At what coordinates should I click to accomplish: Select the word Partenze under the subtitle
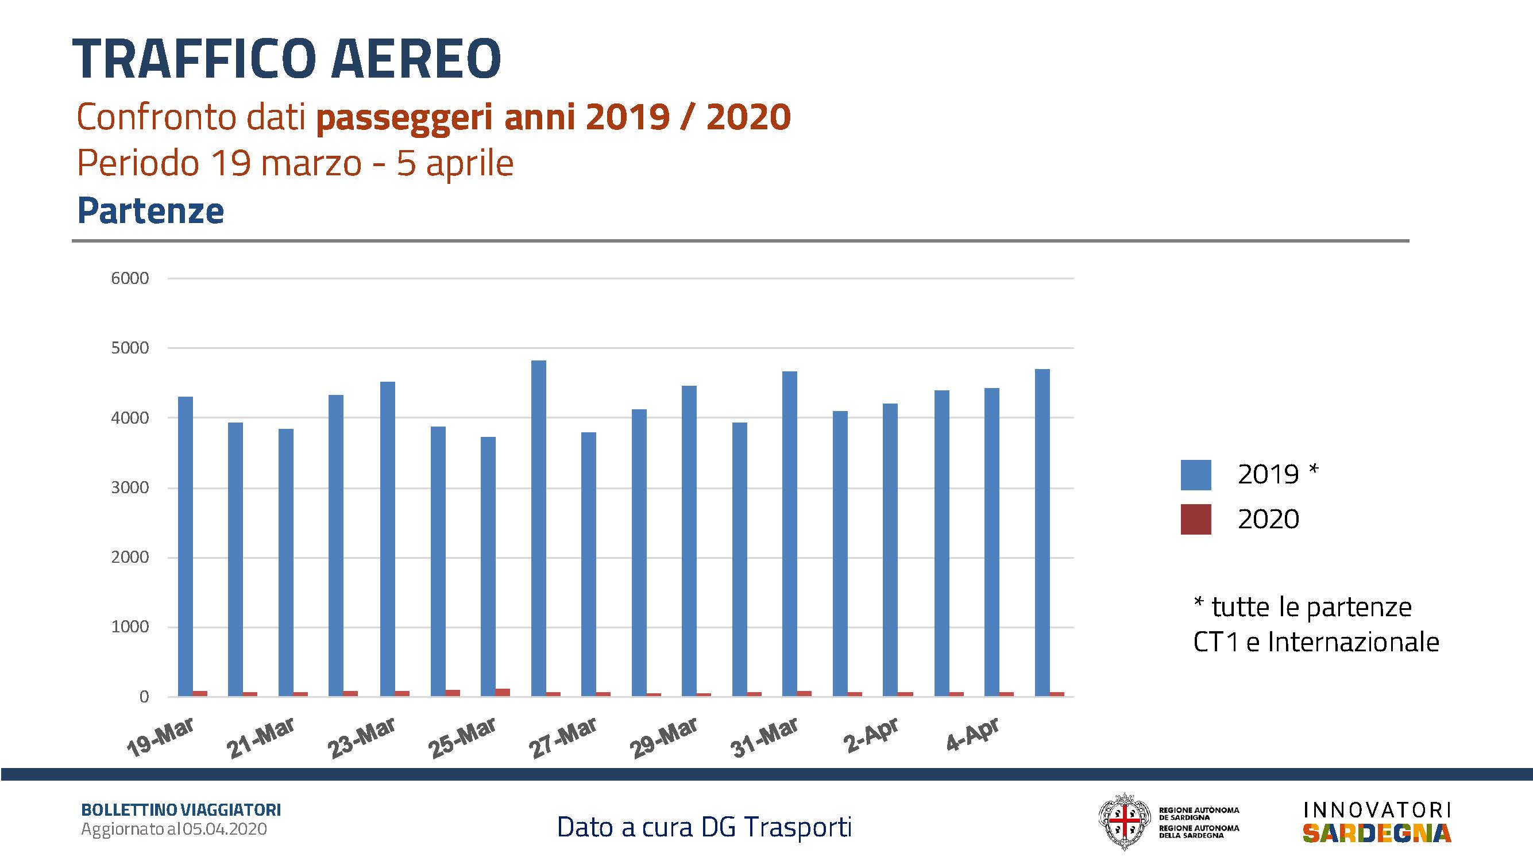tap(150, 211)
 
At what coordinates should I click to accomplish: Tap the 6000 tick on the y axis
tap(130, 278)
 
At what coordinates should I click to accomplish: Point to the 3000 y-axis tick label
tap(130, 487)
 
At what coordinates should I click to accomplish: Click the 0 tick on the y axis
tap(144, 697)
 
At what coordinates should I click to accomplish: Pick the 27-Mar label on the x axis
tap(563, 738)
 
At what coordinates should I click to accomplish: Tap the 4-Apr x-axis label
tap(972, 734)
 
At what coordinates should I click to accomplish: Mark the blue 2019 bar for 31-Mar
tap(790, 533)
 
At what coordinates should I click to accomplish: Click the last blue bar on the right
tap(1042, 532)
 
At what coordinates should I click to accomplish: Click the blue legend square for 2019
tap(1196, 475)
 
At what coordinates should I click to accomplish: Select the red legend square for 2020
tap(1196, 519)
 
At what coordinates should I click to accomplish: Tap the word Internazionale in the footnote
tap(1353, 642)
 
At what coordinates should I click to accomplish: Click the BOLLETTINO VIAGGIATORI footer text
tap(181, 810)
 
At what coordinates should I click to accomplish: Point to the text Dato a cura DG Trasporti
tap(704, 827)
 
